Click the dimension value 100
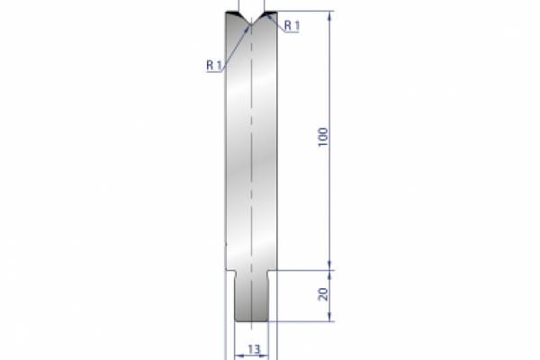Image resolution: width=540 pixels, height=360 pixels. pos(323,137)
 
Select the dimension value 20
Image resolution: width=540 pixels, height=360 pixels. pos(323,293)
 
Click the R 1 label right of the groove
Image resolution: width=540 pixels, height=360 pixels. pos(291,26)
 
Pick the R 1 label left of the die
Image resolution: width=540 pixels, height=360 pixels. pos(212,64)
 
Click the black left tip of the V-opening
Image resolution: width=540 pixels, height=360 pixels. pos(232,15)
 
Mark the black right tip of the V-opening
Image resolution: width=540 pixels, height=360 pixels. pos(271,15)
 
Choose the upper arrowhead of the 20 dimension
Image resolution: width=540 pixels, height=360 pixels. pos(333,273)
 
